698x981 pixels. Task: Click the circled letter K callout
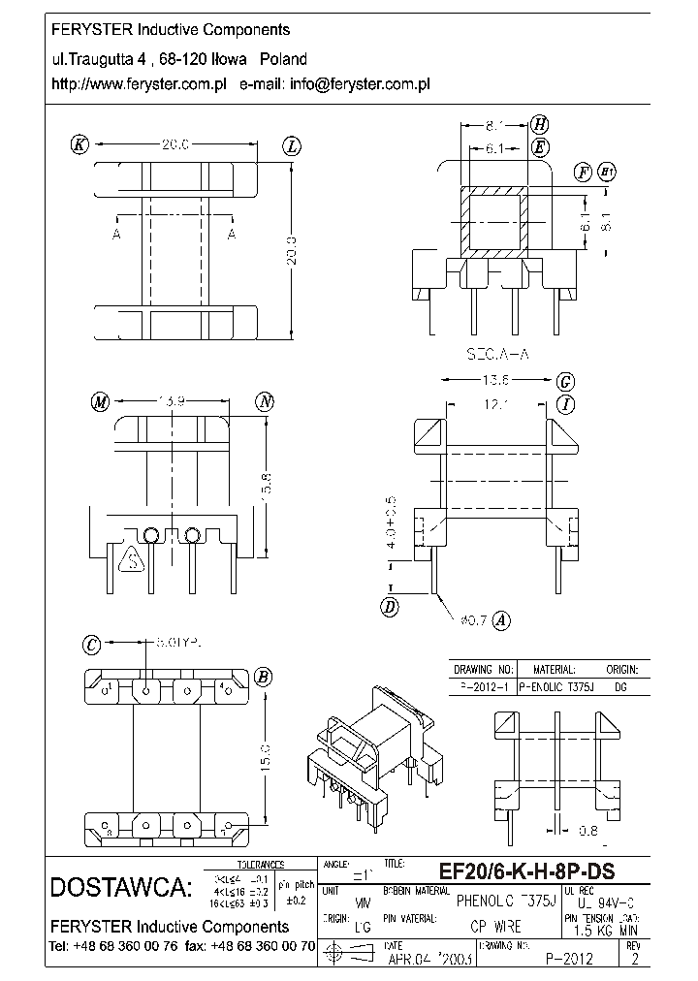coord(79,145)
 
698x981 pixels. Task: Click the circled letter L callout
coord(292,146)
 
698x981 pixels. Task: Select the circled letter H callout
coord(540,124)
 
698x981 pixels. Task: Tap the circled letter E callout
coord(540,147)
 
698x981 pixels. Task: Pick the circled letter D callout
coord(392,608)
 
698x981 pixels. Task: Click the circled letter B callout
coord(263,677)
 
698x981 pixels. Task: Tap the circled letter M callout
coord(99,402)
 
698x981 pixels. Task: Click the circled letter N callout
coord(265,402)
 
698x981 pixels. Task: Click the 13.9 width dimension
coord(173,401)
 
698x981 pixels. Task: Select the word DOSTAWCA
coord(120,887)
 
